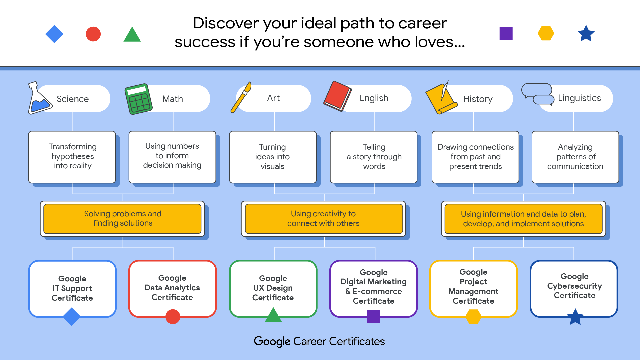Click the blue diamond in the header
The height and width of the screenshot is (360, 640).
pos(54,34)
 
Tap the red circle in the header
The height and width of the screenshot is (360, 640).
pos(93,34)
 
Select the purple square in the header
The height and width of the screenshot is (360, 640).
pos(506,33)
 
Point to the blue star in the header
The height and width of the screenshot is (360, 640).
pos(586,34)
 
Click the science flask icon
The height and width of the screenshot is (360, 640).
pos(39,99)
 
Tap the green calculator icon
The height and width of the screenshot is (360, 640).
pos(138,99)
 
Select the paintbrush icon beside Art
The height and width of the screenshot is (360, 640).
pos(241,97)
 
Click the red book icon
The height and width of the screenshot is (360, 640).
pos(337,96)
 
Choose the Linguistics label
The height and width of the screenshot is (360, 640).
pos(579,98)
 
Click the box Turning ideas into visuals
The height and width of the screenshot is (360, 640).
pos(273,157)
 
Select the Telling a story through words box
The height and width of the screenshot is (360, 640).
pos(374,157)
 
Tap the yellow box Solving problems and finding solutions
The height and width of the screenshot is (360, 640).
pos(122,218)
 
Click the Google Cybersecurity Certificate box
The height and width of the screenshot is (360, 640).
pos(574,286)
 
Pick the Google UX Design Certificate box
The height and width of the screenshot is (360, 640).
pos(273,288)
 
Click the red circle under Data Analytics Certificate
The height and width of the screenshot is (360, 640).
pos(173,317)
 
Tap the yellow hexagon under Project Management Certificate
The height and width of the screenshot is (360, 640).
pos(473,317)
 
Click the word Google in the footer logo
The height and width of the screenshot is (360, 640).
pos(272,341)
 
